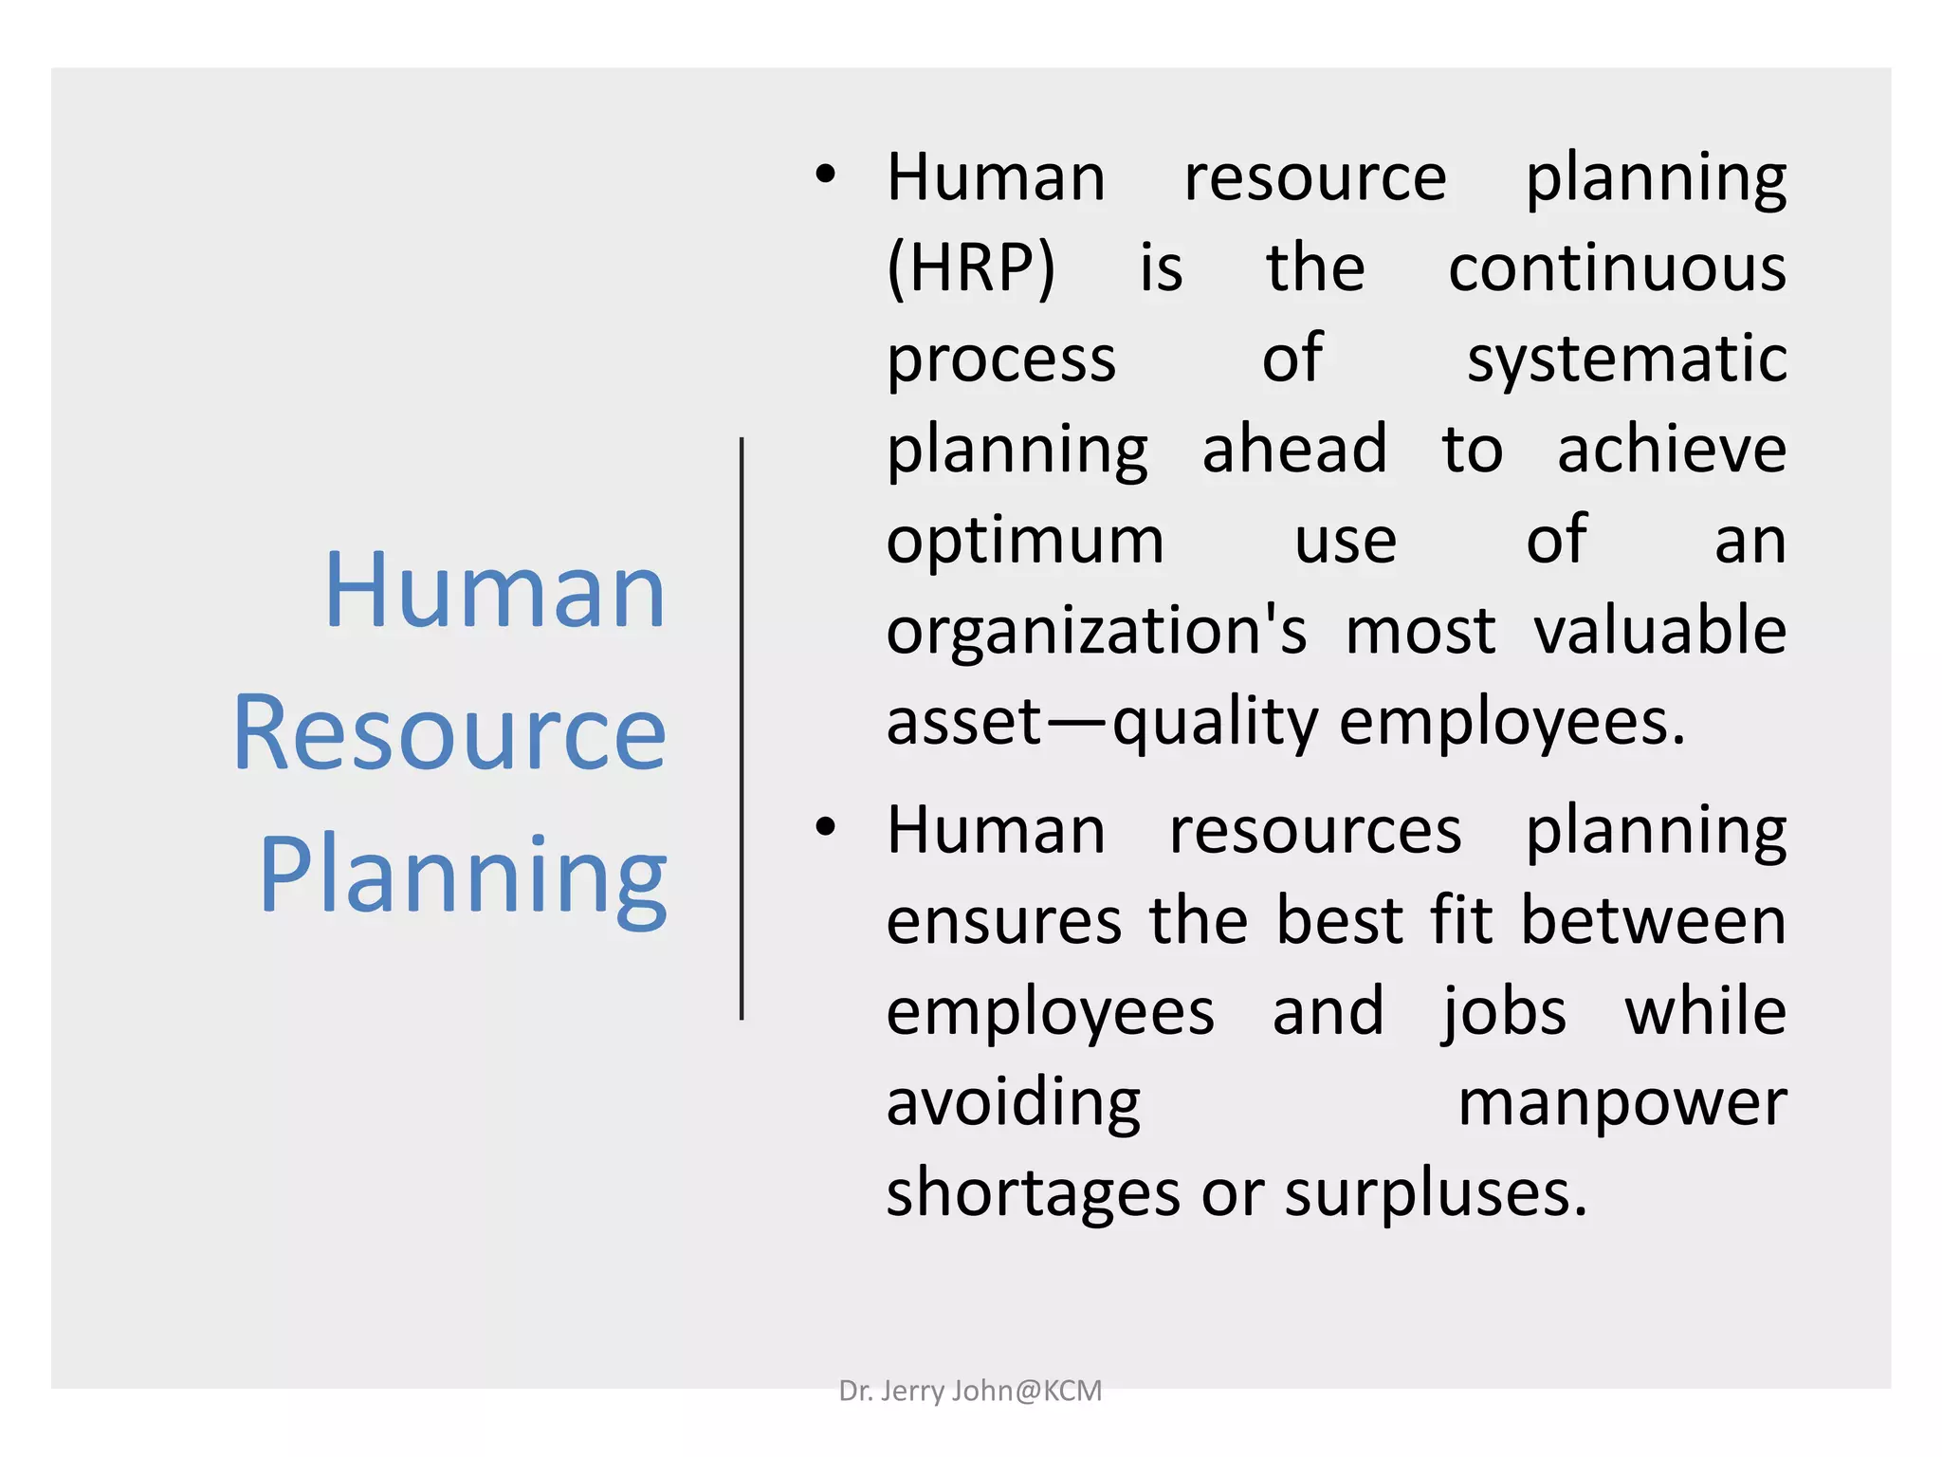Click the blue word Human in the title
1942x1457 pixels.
click(494, 592)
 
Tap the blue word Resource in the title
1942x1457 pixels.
click(449, 733)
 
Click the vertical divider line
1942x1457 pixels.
click(742, 728)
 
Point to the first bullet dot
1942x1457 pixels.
click(826, 175)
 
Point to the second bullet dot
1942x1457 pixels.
click(826, 827)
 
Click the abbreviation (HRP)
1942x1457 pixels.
click(970, 268)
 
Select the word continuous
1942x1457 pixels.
click(1617, 268)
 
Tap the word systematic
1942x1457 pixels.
click(1626, 360)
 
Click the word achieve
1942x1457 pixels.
click(1671, 450)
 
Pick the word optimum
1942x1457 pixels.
click(1025, 541)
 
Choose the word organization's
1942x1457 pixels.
click(1096, 632)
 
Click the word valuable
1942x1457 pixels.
click(1659, 632)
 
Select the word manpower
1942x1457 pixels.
click(1621, 1103)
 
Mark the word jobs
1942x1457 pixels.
click(1504, 1013)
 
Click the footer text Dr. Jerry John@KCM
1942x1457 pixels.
click(970, 1391)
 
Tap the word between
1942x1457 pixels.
click(1653, 921)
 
